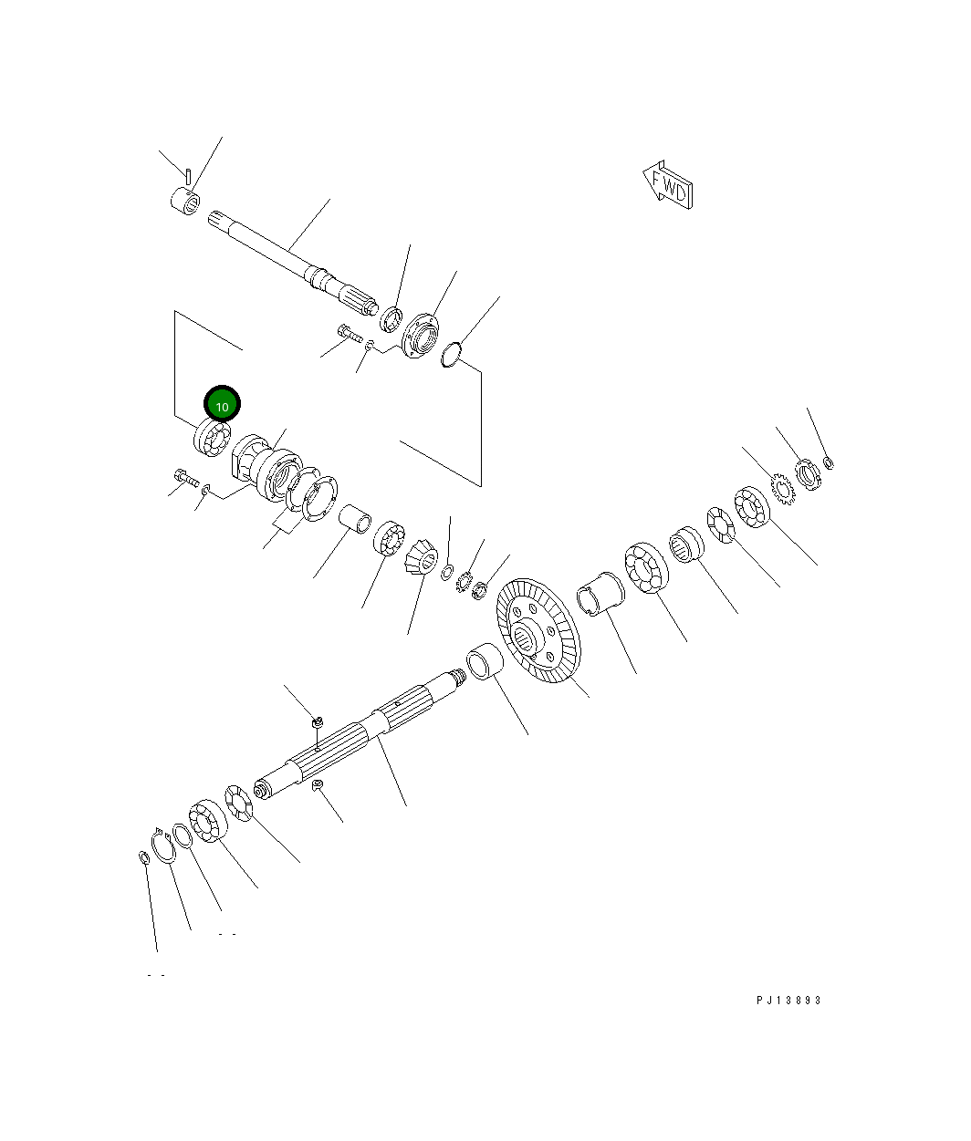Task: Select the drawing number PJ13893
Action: [x=788, y=1000]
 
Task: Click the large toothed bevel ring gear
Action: [x=538, y=630]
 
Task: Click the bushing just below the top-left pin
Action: [x=185, y=201]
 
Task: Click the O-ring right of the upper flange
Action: [x=451, y=354]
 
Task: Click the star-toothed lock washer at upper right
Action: [x=782, y=485]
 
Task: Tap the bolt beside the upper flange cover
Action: [x=350, y=334]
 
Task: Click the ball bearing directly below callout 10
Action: [x=211, y=439]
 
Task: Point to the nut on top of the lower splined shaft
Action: [x=317, y=722]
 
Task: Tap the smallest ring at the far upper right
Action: [x=829, y=462]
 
